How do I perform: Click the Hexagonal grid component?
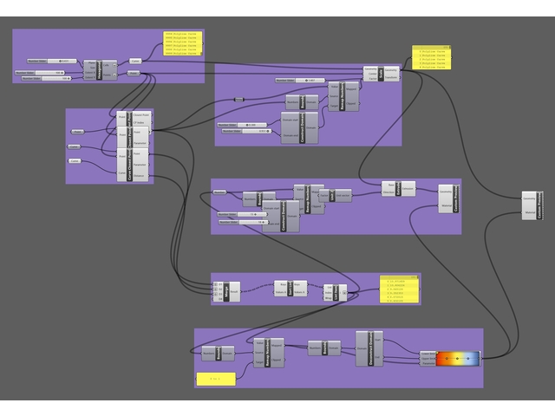click(x=108, y=70)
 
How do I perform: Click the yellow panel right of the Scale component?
click(x=431, y=57)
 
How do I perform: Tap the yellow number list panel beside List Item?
click(x=400, y=289)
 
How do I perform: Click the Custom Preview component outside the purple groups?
click(x=532, y=205)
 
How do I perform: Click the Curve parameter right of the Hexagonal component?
click(x=135, y=62)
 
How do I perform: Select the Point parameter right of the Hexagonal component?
click(x=134, y=74)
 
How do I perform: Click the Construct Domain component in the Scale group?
click(x=300, y=127)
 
